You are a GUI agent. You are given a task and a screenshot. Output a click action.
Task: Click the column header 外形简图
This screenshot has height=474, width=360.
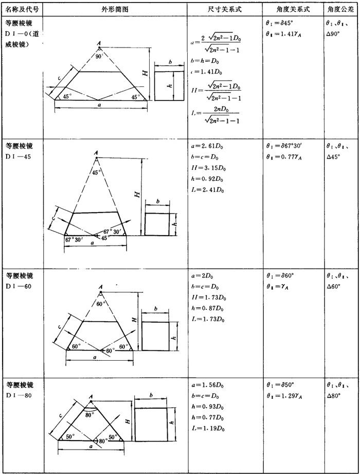click(x=115, y=9)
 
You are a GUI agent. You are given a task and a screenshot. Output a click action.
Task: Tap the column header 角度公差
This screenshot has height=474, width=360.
click(x=341, y=9)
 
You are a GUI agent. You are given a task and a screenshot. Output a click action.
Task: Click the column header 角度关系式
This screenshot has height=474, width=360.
click(x=293, y=9)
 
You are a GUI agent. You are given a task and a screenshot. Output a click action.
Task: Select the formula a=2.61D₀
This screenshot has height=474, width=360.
click(x=207, y=146)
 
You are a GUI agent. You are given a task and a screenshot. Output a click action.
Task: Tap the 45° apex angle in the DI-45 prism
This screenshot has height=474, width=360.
click(x=96, y=172)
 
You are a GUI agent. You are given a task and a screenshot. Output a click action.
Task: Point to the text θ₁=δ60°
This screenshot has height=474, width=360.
click(x=281, y=276)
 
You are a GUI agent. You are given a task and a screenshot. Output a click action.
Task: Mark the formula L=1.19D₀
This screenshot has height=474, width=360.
click(x=208, y=428)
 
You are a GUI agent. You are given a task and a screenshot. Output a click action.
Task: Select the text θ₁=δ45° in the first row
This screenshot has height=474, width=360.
click(x=281, y=24)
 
